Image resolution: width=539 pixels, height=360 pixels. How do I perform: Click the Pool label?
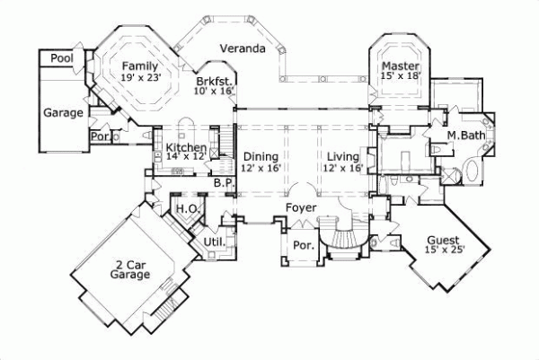[62, 57]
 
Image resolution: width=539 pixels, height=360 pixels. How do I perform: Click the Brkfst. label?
[214, 81]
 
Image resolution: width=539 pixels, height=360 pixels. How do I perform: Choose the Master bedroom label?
[401, 66]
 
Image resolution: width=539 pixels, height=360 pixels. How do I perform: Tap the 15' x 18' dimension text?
[401, 78]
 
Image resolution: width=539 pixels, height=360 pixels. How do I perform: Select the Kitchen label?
[187, 146]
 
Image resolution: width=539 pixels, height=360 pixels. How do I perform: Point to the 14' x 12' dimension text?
[187, 156]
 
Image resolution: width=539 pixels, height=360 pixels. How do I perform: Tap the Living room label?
[343, 156]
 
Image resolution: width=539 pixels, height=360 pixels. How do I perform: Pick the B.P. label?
[224, 183]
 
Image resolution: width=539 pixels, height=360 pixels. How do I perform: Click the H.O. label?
[186, 208]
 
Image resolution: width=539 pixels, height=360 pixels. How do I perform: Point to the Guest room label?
[444, 241]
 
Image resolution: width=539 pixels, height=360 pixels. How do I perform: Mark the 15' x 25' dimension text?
[444, 251]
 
